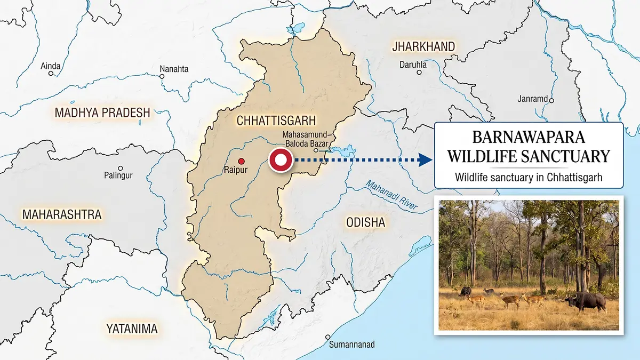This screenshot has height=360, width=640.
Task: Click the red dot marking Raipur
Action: [241, 161]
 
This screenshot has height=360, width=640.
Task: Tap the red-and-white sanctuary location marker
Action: [280, 161]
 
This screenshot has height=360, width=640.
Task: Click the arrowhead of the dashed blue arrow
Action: [425, 160]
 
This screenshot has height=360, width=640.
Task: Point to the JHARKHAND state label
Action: [423, 47]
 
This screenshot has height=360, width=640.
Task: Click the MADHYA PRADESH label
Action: [102, 113]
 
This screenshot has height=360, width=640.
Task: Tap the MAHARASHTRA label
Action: [61, 215]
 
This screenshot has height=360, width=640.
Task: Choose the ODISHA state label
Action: [365, 222]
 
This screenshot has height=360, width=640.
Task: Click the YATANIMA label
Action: [132, 329]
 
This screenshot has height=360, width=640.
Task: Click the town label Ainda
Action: [51, 66]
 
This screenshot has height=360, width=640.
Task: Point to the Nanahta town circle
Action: [162, 76]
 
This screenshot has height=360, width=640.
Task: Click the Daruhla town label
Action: [413, 65]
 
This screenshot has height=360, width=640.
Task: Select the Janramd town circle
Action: [552, 100]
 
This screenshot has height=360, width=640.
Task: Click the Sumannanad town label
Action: [351, 345]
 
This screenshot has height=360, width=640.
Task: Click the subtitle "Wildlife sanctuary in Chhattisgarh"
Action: [529, 177]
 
